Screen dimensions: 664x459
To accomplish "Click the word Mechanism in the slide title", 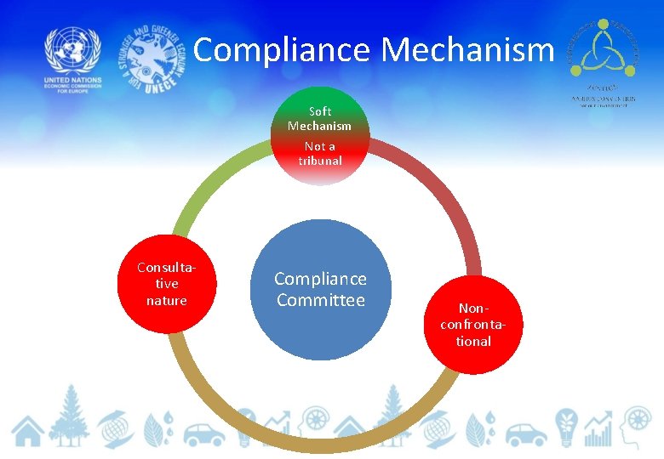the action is tap(468, 49).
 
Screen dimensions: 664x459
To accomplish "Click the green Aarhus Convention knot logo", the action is tap(604, 48).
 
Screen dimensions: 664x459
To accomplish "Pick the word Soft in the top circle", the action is tap(320, 111).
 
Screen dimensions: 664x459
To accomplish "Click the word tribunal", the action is tap(320, 161).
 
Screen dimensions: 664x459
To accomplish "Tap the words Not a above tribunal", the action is tap(320, 146).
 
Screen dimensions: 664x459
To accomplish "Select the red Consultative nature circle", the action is tap(167, 283).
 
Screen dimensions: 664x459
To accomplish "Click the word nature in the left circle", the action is tap(167, 300).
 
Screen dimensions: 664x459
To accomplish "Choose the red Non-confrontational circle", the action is tap(473, 324).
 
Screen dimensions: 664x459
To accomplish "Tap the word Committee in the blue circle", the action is tap(320, 300).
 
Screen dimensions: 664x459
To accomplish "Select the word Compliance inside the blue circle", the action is tap(320, 279).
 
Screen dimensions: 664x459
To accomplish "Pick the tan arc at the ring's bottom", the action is tap(320, 443).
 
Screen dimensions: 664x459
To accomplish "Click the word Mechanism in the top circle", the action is tap(320, 126).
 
